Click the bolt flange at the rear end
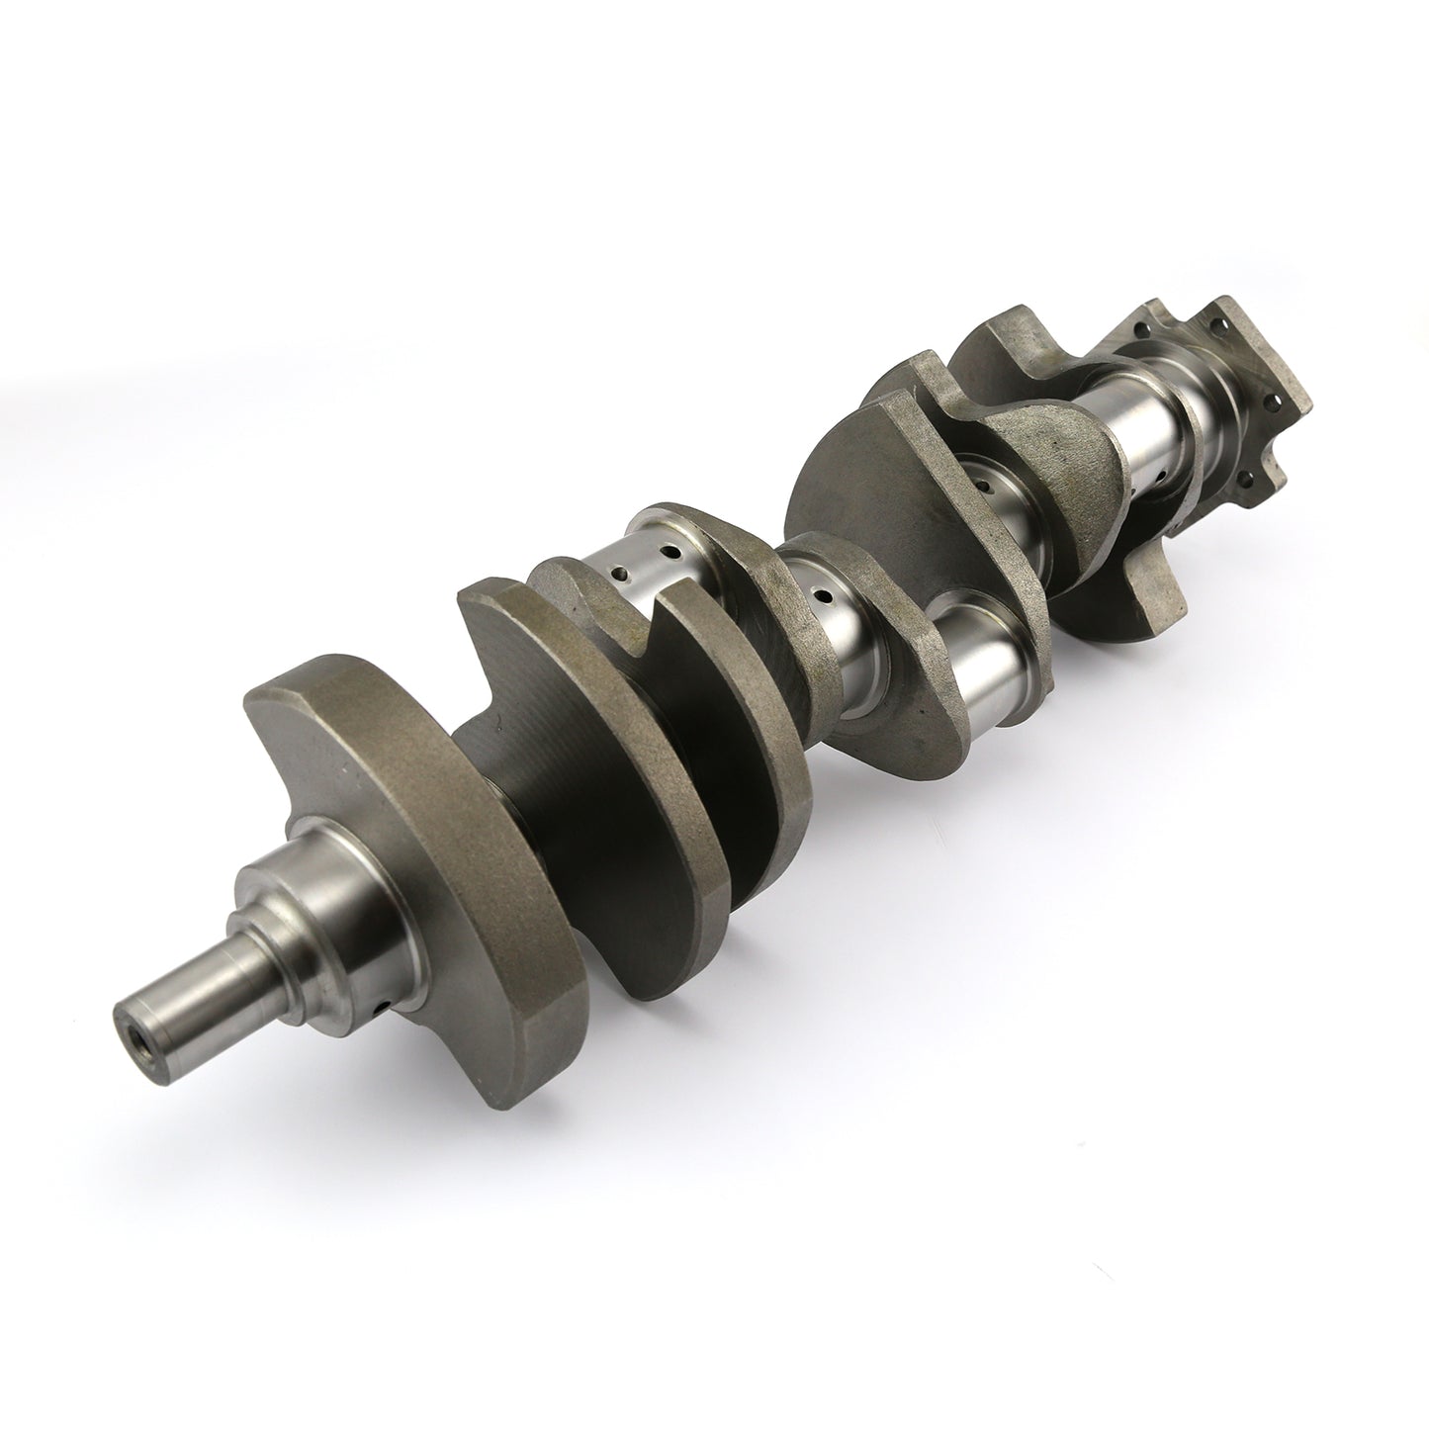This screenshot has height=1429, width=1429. click(1236, 396)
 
